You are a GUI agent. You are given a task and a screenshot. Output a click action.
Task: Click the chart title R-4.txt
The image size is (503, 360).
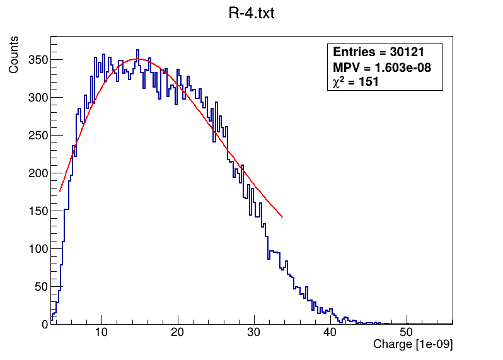(x=251, y=13)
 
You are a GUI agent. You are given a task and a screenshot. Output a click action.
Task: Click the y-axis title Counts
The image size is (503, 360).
(x=13, y=55)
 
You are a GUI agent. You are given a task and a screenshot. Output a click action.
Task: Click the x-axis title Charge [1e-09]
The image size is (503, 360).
(x=413, y=345)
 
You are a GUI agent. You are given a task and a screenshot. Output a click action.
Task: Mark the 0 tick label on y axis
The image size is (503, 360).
(x=44, y=324)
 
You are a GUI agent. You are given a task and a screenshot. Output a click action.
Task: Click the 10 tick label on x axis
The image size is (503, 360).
(x=101, y=333)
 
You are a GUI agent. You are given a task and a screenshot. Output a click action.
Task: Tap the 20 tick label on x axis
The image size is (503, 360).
(x=178, y=333)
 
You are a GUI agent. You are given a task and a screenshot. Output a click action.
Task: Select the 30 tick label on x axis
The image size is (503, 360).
(x=254, y=333)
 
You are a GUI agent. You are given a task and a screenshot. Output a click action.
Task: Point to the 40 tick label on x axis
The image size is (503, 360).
(x=330, y=333)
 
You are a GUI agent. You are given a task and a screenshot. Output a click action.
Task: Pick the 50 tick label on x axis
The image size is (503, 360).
(x=407, y=333)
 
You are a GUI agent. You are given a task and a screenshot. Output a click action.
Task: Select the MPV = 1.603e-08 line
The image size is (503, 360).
(x=381, y=67)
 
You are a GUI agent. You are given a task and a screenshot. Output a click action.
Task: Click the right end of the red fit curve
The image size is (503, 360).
(x=282, y=218)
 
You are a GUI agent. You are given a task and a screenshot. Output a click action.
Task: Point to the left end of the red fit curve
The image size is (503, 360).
(x=60, y=190)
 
